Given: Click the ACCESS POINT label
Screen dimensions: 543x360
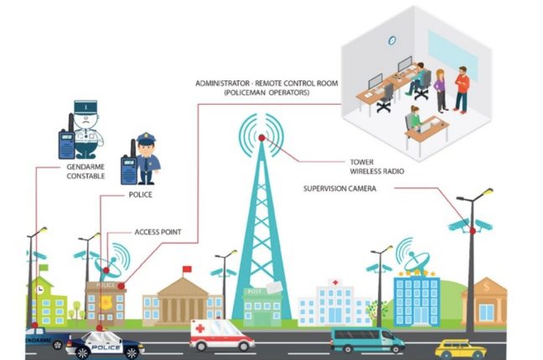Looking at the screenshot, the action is [158, 232].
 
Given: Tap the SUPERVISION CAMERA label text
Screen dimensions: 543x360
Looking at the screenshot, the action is [339, 188].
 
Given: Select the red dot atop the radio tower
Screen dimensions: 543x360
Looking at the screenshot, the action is [261, 138].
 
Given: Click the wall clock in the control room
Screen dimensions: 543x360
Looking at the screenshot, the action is [392, 40].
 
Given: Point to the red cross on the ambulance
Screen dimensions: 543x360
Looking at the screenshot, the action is [199, 328].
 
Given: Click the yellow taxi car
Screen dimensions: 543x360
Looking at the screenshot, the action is [460, 349].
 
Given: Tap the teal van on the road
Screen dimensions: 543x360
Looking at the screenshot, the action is [367, 340].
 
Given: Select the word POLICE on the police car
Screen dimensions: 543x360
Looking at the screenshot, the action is [106, 347].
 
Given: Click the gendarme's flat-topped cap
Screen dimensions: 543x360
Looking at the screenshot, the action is [85, 107].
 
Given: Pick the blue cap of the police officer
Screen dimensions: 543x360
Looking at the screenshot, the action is [146, 138].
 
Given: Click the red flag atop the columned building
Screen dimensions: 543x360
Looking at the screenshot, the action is [187, 269].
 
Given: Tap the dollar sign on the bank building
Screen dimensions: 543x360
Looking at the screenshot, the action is [487, 286].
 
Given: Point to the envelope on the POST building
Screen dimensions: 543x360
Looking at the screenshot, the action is [274, 287].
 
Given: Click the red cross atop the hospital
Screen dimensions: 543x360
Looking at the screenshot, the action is [335, 282].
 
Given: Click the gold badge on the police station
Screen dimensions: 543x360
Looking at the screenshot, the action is [106, 303].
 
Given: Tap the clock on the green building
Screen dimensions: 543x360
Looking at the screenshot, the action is [40, 290].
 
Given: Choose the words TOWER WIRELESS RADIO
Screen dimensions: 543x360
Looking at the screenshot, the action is [377, 167].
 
